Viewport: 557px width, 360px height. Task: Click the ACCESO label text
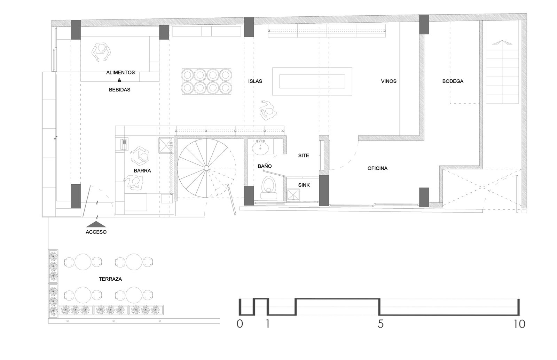click(96, 232)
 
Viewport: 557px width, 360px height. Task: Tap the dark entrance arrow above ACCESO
click(96, 224)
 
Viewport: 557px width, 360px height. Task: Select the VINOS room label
click(389, 81)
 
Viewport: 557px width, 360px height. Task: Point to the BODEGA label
click(453, 81)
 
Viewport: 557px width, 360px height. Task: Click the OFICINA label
click(377, 168)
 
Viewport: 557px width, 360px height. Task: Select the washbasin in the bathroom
click(260, 148)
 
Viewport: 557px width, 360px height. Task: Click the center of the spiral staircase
click(206, 168)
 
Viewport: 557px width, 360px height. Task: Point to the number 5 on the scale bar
click(381, 324)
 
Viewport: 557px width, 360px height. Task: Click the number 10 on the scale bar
click(519, 324)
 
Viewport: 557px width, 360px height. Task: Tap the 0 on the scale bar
click(240, 324)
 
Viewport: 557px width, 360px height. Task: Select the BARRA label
click(142, 171)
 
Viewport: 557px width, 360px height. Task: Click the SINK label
click(304, 185)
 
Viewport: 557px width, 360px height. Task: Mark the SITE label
click(304, 155)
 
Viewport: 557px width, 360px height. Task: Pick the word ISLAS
click(255, 81)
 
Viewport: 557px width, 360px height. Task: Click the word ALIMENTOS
click(120, 73)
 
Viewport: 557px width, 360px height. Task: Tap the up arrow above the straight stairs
click(502, 42)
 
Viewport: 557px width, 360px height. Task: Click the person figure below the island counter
click(268, 111)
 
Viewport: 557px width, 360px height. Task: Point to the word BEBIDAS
click(120, 90)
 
